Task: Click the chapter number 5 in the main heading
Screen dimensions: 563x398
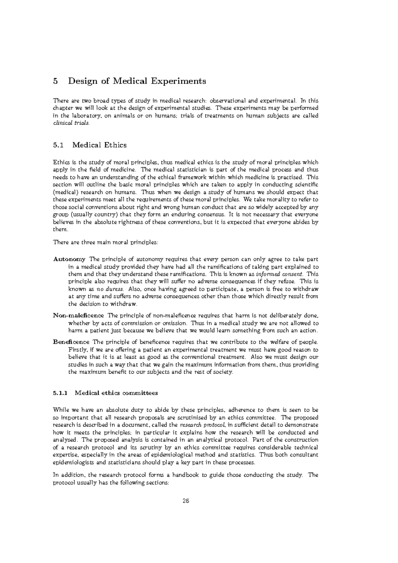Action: [x=55, y=81]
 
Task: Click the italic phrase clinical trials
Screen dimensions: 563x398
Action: [x=71, y=123]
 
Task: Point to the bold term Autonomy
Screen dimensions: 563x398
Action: [x=69, y=259]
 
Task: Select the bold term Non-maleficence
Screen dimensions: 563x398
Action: [x=78, y=315]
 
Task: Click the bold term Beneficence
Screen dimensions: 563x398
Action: [x=71, y=342]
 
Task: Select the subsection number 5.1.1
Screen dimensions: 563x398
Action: [x=60, y=393]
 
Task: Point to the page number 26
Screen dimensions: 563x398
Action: [x=185, y=501]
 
